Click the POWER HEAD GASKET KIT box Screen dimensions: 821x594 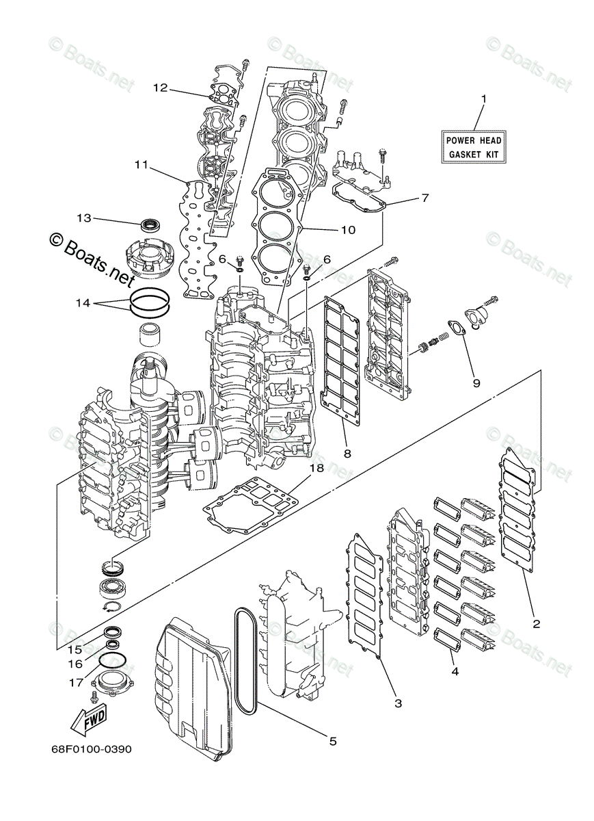click(x=474, y=146)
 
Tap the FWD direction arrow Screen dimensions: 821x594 click(x=87, y=720)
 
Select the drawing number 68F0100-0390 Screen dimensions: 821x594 click(x=90, y=749)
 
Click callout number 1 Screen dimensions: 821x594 click(x=483, y=99)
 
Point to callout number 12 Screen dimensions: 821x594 click(x=160, y=88)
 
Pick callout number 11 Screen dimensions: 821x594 click(x=141, y=165)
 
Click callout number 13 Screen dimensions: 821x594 click(x=83, y=218)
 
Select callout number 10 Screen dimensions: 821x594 click(x=347, y=230)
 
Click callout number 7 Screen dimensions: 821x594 click(x=424, y=198)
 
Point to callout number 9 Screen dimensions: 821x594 click(x=476, y=383)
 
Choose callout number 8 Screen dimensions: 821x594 click(x=348, y=453)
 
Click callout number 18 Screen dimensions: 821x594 click(x=316, y=468)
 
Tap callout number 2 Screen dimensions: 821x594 click(x=537, y=623)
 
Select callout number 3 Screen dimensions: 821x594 click(x=399, y=703)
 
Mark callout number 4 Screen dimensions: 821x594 click(x=455, y=672)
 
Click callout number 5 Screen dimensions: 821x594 click(x=333, y=741)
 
